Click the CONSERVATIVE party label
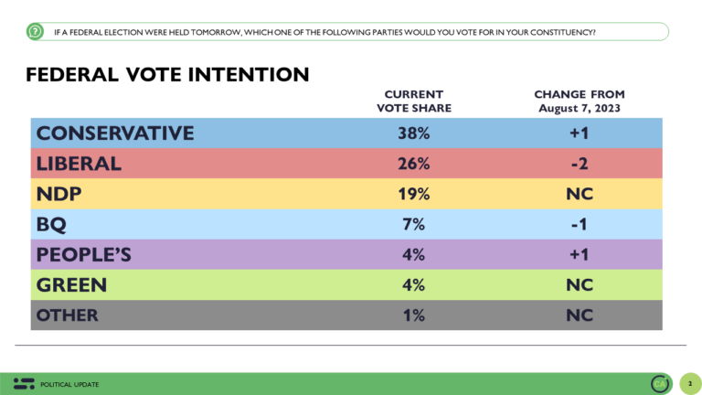(x=115, y=133)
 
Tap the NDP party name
(x=59, y=193)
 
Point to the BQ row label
(x=53, y=223)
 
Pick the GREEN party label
(x=72, y=284)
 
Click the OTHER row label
(x=68, y=315)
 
